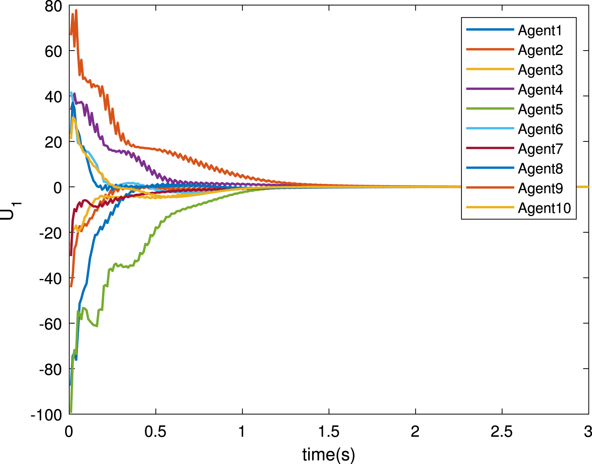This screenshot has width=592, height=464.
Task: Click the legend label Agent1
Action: [540, 31]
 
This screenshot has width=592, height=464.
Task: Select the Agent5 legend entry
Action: [540, 110]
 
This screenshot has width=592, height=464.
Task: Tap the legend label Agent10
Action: [544, 208]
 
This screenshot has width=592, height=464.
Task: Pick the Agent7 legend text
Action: [540, 149]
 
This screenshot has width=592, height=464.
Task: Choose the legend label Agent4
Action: [540, 90]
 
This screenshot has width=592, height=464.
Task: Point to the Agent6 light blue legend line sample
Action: [490, 128]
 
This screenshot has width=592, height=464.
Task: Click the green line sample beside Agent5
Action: [490, 109]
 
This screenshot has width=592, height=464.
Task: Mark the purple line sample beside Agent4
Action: [490, 89]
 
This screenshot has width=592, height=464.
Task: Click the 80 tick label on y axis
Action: [53, 6]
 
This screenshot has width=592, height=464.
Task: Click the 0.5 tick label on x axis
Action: [155, 432]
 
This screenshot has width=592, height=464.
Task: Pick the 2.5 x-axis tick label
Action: [502, 432]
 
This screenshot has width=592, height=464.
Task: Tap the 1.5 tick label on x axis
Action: [329, 432]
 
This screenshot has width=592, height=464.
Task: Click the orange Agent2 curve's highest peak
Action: [76, 10]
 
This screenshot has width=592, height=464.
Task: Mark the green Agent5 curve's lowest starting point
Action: [71, 412]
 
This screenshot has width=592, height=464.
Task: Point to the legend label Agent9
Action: [540, 189]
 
